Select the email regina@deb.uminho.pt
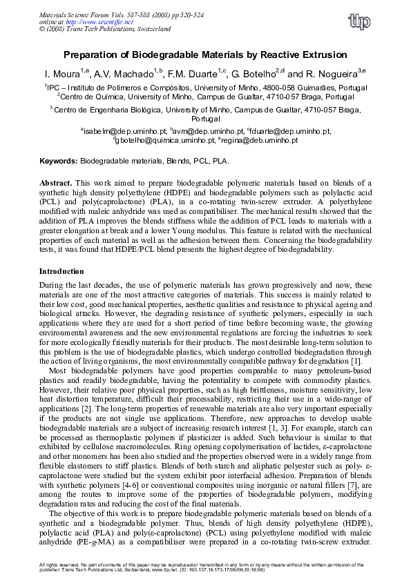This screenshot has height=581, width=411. (260, 140)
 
